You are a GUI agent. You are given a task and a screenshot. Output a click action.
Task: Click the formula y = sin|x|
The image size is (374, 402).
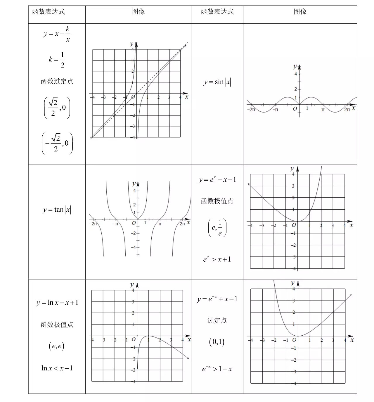coord(217,82)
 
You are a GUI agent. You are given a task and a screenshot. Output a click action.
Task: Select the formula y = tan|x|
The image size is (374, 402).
coord(57,210)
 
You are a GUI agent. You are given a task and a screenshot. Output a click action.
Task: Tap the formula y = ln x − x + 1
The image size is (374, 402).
coord(57,303)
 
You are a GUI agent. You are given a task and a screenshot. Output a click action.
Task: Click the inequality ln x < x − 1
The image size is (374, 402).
coord(57,368)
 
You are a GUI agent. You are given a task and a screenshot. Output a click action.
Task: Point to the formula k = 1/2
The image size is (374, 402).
coord(57,60)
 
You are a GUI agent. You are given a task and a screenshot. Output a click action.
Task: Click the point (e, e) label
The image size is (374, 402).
coord(56,346)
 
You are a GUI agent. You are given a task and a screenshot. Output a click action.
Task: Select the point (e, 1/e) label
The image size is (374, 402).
coord(217,227)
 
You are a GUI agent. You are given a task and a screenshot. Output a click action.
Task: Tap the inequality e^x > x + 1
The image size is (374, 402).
coord(217,259)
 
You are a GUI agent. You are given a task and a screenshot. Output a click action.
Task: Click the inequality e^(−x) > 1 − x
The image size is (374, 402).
coord(217,369)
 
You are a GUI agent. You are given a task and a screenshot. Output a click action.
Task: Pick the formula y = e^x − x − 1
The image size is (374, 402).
coord(217,180)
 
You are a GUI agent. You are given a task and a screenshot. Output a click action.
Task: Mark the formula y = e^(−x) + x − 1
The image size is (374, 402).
coord(217,299)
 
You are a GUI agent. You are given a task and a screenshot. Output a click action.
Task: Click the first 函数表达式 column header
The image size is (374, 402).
coord(49,12)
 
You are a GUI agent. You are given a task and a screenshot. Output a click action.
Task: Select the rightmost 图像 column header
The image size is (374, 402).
coord(300,12)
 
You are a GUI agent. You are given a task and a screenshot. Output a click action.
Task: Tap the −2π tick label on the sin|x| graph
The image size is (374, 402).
coord(251,110)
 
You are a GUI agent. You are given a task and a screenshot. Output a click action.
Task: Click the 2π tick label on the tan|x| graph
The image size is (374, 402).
coord(182,224)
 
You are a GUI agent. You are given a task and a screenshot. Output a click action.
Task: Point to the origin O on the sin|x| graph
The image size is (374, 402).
coord(295,109)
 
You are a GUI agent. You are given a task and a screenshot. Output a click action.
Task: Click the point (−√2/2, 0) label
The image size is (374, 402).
coord(57,143)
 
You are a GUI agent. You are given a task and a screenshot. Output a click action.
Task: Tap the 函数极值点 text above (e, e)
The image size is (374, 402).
coord(57,325)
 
